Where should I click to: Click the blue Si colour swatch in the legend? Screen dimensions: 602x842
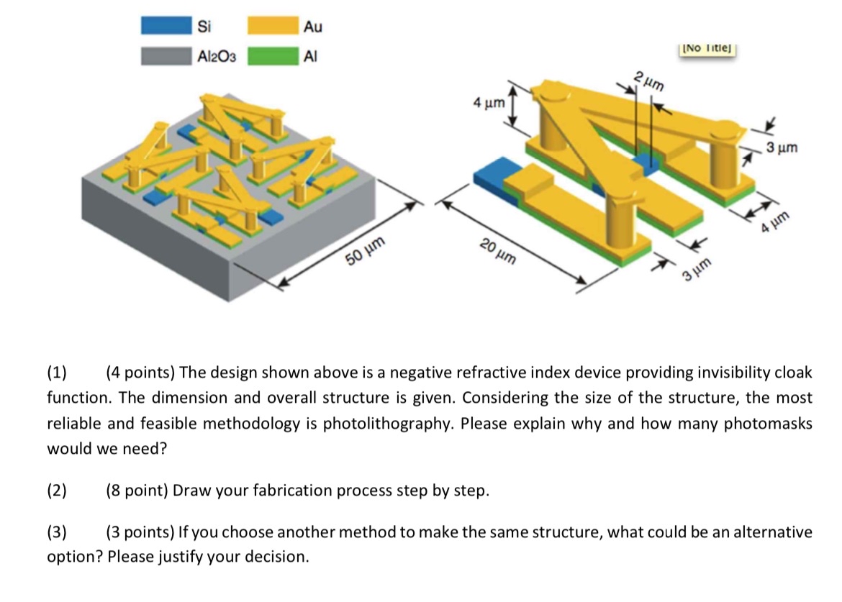click(167, 27)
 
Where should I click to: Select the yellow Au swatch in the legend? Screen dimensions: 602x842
click(273, 27)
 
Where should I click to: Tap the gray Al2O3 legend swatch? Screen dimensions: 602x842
click(167, 56)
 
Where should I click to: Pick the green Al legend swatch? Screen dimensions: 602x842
click(273, 56)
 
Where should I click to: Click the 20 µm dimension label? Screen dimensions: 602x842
click(497, 252)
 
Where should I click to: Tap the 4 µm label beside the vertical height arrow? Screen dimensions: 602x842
click(488, 104)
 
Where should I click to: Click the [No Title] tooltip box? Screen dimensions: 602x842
click(709, 48)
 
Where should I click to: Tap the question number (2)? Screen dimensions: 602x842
click(57, 491)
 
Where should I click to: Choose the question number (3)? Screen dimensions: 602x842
click(57, 533)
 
